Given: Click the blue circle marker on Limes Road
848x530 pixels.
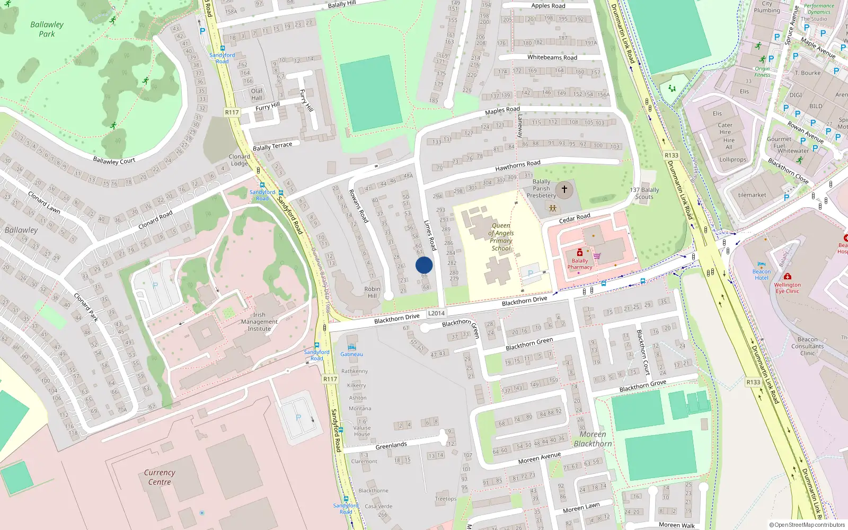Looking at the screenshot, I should click(x=424, y=265).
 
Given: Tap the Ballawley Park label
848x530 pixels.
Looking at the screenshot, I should click(x=47, y=29).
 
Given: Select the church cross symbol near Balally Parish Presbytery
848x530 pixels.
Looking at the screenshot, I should click(x=564, y=189).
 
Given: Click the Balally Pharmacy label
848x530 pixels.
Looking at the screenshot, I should click(x=580, y=264).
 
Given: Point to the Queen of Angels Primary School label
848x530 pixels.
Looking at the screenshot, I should click(x=501, y=237).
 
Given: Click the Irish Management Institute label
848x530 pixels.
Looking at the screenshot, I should click(x=259, y=322).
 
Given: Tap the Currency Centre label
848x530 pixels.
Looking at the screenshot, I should click(x=160, y=477).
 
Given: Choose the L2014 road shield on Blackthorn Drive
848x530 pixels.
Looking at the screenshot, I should click(x=436, y=313).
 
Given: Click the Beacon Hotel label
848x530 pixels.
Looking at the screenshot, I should click(x=762, y=275).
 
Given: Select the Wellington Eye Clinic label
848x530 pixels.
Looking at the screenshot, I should click(x=788, y=288).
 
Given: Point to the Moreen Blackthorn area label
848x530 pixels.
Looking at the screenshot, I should click(x=593, y=439).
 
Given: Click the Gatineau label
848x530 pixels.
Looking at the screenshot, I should click(x=352, y=355).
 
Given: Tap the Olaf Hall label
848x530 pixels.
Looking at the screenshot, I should click(x=257, y=94).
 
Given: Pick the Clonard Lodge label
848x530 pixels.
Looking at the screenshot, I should click(x=239, y=160).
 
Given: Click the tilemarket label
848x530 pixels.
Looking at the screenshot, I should click(x=752, y=195).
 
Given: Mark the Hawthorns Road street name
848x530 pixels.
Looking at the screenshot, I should click(x=518, y=166).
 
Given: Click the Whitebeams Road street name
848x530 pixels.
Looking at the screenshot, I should click(x=552, y=57).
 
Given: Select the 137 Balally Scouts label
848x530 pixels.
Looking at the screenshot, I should click(x=644, y=193).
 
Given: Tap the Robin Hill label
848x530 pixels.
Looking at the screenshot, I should click(x=372, y=293).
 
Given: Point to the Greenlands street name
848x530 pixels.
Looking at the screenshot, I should click(x=391, y=446).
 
